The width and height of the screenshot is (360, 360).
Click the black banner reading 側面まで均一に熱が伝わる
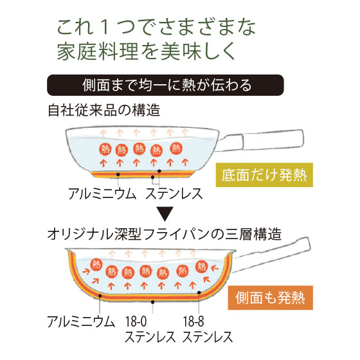[x=165, y=85]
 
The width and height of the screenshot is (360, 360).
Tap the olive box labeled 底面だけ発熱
[x=264, y=175]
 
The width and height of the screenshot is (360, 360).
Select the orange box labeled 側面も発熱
[x=270, y=298]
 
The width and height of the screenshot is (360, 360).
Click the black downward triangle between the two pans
[x=165, y=213]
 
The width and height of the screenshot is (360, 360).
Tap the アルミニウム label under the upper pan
[x=102, y=194]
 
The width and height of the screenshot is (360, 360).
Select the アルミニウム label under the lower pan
[x=81, y=321]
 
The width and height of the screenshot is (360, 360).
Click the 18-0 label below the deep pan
[x=136, y=321]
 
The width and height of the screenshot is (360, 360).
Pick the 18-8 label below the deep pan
[x=194, y=321]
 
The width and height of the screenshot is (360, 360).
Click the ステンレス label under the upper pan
[x=174, y=194]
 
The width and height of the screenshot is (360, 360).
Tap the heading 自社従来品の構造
[x=104, y=110]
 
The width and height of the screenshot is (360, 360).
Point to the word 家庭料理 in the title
[x=98, y=51]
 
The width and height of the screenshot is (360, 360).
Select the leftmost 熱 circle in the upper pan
[x=105, y=149]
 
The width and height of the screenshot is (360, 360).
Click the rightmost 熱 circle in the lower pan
[x=201, y=267]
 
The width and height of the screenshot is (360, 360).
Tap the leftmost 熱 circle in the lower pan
[x=96, y=264]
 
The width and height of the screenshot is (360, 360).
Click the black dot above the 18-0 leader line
[x=153, y=302]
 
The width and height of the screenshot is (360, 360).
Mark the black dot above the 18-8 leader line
[x=199, y=292]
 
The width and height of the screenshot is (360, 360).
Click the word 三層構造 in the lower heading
[x=253, y=234]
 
